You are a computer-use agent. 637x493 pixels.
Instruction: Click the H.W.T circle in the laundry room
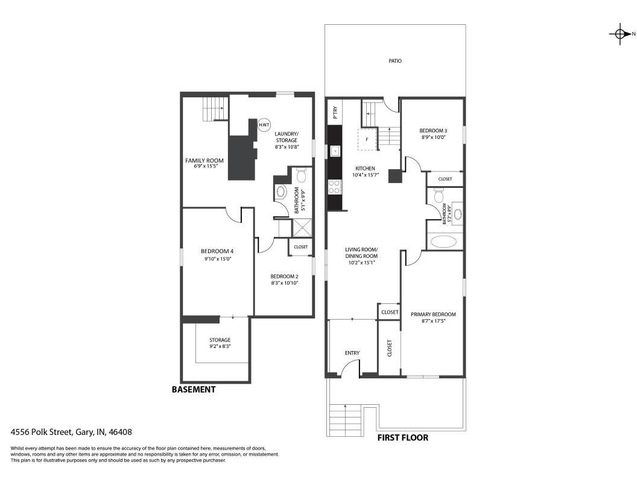[x=264, y=125]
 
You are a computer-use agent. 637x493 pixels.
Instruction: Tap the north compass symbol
[x=620, y=34]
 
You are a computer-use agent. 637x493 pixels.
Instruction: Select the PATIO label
[x=395, y=61]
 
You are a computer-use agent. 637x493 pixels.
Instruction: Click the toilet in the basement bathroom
[x=302, y=176]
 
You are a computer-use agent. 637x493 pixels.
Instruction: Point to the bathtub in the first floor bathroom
[x=445, y=242]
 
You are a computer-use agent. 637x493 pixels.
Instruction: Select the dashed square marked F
[x=367, y=140]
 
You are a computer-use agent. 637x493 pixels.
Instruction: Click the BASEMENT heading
[x=194, y=390]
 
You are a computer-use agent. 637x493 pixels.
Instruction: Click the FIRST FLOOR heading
[x=403, y=437]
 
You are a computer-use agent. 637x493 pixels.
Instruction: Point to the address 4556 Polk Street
[x=72, y=432]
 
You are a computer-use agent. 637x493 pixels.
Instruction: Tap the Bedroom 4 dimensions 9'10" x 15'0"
[x=218, y=259]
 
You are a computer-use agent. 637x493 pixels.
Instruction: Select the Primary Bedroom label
[x=433, y=314]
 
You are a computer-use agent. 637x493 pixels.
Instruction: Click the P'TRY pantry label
[x=335, y=112]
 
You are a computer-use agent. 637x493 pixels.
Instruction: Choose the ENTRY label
[x=352, y=353]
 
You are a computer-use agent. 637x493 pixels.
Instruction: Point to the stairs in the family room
[x=215, y=108]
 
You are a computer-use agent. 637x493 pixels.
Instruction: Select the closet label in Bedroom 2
[x=300, y=247]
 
